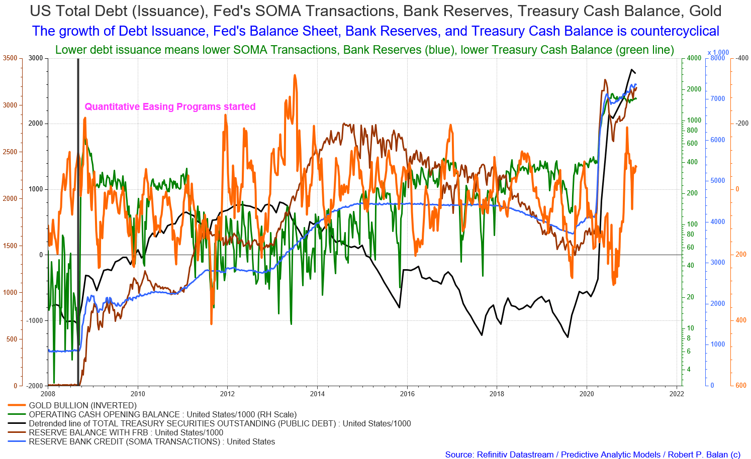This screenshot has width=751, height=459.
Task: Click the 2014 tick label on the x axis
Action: click(317, 394)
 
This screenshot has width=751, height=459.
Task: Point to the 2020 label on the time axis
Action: click(587, 394)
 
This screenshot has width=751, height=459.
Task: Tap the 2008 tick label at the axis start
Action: click(48, 394)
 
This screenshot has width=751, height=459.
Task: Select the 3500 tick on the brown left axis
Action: click(10, 58)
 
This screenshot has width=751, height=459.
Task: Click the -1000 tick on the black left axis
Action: click(35, 320)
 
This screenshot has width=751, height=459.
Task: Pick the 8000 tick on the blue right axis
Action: click(717, 58)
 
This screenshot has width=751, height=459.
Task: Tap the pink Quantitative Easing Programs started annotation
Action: click(170, 106)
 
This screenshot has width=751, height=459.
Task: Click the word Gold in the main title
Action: click(705, 11)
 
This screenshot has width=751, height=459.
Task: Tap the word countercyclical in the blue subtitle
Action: click(675, 31)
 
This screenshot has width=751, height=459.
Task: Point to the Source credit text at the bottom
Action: click(593, 454)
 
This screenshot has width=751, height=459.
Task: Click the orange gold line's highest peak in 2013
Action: click(295, 75)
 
